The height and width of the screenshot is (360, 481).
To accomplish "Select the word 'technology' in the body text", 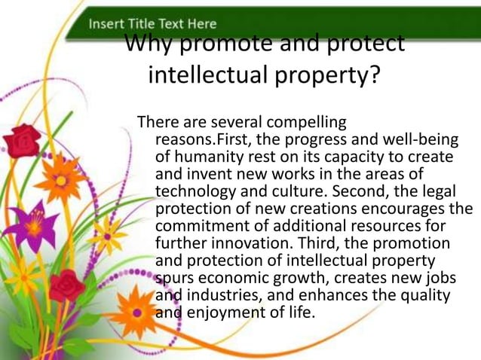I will (x=191, y=191).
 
